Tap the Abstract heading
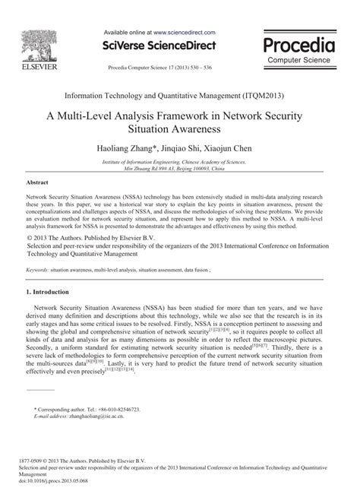click(38, 183)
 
